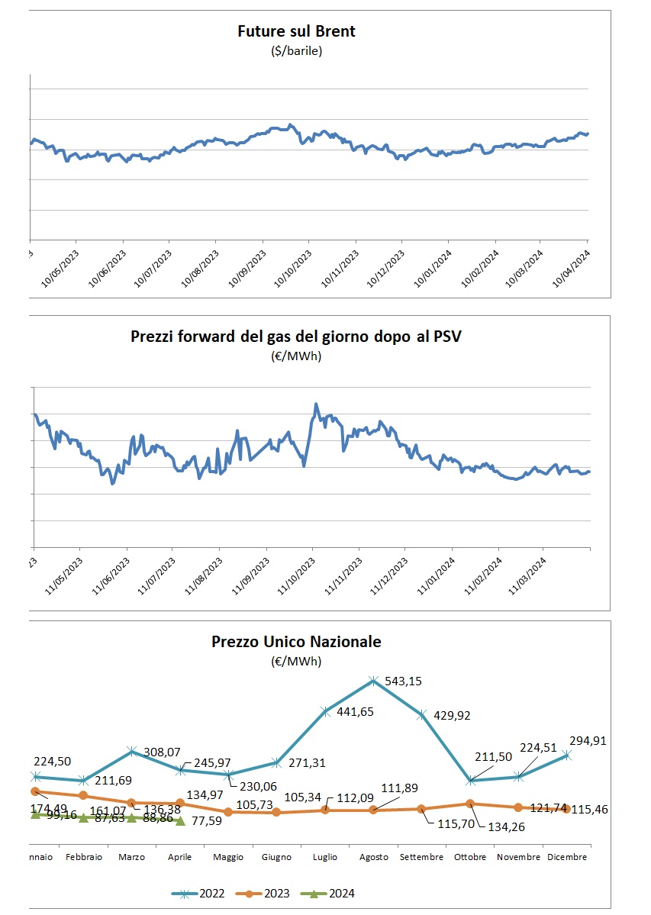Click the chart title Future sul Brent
click(x=296, y=31)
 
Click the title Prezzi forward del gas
click(x=296, y=337)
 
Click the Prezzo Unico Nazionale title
click(x=296, y=642)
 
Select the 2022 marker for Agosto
click(x=373, y=680)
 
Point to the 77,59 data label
click(x=208, y=821)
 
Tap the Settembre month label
click(x=422, y=857)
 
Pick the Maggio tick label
click(x=228, y=857)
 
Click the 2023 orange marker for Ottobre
click(x=470, y=803)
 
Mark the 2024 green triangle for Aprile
click(x=180, y=821)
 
